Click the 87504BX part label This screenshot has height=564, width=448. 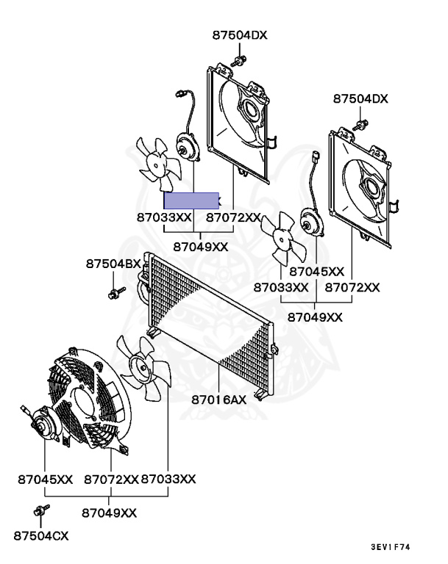(x=113, y=263)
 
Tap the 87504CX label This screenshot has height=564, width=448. (x=40, y=536)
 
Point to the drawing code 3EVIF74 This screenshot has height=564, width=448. (x=390, y=547)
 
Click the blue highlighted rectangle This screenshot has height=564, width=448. (x=191, y=200)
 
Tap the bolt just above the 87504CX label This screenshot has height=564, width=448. (x=40, y=510)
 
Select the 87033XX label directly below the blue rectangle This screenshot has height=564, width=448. (x=163, y=217)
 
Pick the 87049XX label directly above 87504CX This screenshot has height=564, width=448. (x=109, y=512)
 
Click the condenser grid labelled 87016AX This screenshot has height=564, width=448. (x=210, y=316)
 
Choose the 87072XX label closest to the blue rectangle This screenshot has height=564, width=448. (x=233, y=217)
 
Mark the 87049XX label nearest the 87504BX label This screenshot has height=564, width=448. (x=201, y=247)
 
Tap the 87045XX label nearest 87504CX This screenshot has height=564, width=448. (x=45, y=479)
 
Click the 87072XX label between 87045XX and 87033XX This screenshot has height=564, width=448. (x=111, y=479)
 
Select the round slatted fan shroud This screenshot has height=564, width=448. (x=87, y=400)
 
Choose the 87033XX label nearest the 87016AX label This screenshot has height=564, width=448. (x=168, y=479)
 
